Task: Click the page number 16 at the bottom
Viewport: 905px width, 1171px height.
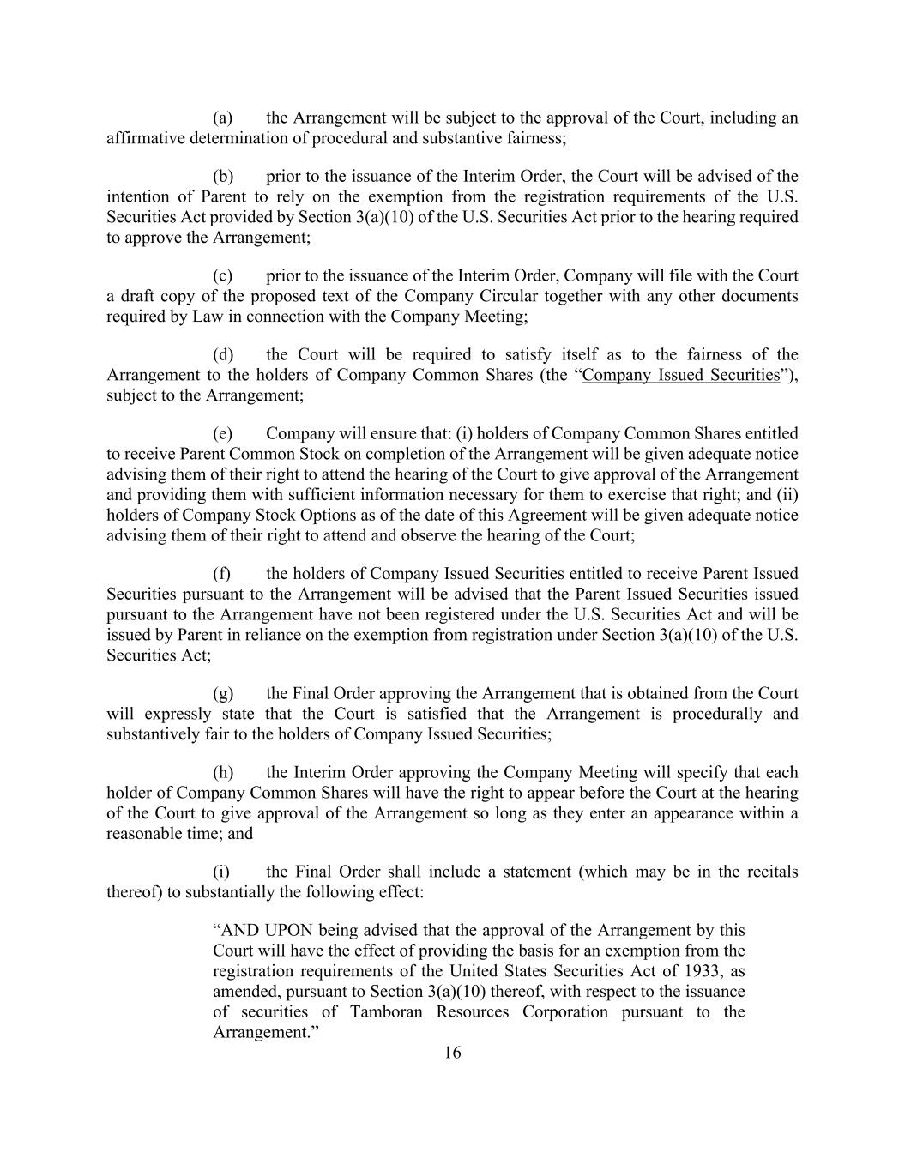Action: pos(452,1053)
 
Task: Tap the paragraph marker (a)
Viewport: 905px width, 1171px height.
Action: pos(223,118)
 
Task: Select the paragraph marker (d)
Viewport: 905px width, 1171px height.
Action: pos(223,354)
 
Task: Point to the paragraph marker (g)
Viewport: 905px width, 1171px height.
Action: pos(223,693)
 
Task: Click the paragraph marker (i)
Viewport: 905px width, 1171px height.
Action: pos(221,872)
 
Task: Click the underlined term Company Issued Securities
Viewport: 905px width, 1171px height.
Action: pos(680,375)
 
